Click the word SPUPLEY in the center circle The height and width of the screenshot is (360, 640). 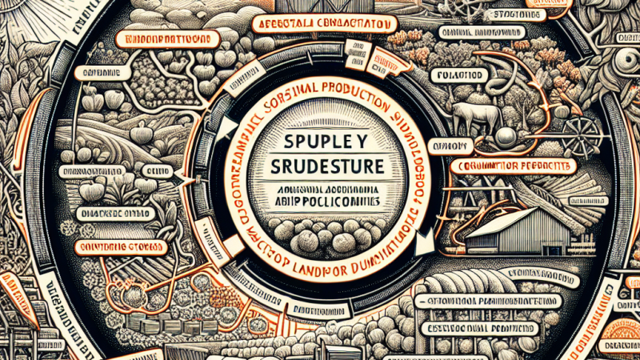319,146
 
